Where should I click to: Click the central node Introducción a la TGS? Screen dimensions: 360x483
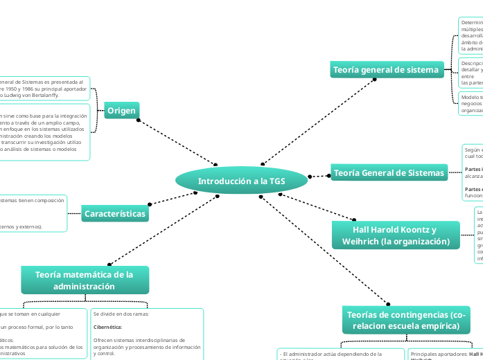[240, 181]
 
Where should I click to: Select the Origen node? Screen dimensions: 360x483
[122, 110]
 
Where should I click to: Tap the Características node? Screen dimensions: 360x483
[115, 214]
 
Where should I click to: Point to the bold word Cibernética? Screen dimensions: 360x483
[108, 326]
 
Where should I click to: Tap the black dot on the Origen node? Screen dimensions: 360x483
[139, 120]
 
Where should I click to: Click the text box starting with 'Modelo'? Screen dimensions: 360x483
[471, 103]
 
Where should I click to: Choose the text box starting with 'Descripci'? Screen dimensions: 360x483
[471, 73]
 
